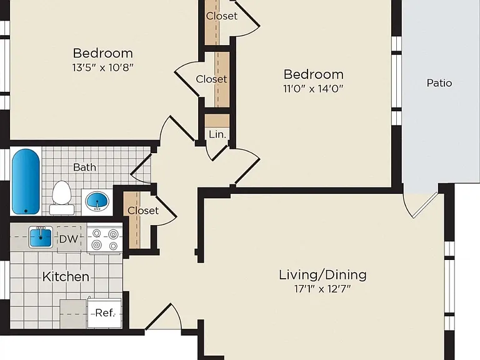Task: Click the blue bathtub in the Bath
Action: [x=26, y=181]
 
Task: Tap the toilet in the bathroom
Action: [x=61, y=197]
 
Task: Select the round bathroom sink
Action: [x=97, y=201]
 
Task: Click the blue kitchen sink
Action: [x=41, y=237]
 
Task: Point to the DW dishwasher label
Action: [x=69, y=239]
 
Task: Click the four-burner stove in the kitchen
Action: [x=105, y=239]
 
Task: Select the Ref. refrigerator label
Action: [x=105, y=313]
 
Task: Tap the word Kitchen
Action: [x=66, y=277]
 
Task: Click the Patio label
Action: [x=439, y=83]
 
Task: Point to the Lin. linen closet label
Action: [x=217, y=134]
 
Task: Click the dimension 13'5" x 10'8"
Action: [x=103, y=67]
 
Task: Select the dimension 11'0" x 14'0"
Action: [x=313, y=89]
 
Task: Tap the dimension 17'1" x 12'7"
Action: [x=322, y=289]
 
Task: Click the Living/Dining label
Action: [x=322, y=275]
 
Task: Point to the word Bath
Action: [x=85, y=167]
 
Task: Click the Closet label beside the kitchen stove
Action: [x=143, y=211]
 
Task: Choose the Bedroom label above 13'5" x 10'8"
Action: [x=103, y=53]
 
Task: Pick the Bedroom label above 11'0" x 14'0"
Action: [x=314, y=74]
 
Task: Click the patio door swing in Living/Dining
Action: [x=420, y=204]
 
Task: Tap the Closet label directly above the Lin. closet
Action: [x=211, y=79]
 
